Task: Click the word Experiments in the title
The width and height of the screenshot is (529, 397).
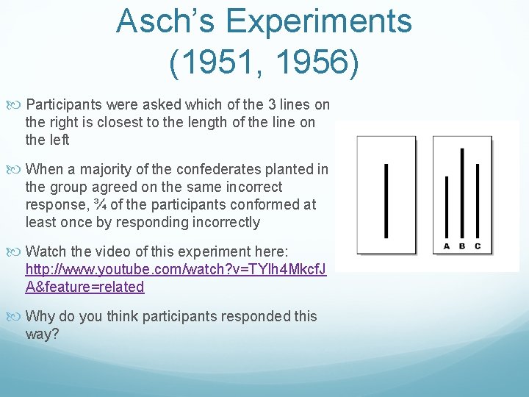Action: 319,21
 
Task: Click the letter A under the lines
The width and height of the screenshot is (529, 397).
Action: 446,246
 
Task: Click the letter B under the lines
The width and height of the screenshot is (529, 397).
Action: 462,246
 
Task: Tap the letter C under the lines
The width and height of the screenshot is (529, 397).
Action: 478,246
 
